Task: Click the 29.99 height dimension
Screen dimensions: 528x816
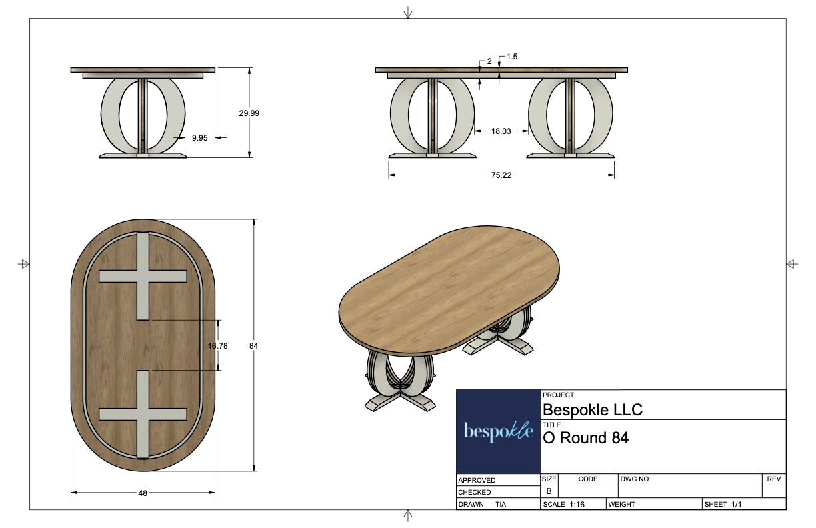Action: [249, 113]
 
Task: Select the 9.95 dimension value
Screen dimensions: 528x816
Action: [199, 138]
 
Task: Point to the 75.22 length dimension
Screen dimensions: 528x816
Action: [501, 175]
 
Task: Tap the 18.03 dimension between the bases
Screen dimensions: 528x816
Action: [501, 132]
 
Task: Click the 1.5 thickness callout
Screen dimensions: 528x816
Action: [512, 57]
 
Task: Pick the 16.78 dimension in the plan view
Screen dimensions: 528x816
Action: [218, 345]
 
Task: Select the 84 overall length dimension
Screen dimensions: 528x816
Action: [253, 346]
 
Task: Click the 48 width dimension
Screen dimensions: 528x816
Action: [143, 493]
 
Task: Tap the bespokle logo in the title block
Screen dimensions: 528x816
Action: [498, 432]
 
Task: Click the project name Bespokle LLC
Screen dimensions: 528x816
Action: [593, 409]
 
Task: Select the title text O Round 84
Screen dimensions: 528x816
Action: [585, 438]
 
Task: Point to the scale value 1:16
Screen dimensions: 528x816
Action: [577, 505]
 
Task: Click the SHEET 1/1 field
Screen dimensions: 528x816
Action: [723, 505]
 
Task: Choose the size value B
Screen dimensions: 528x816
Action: [549, 491]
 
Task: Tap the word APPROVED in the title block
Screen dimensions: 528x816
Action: [477, 480]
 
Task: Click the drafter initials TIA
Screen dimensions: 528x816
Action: [501, 505]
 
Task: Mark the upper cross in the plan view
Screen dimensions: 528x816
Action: [143, 276]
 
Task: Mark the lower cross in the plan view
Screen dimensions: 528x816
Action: [143, 414]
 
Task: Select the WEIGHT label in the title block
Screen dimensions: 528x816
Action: [621, 505]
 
